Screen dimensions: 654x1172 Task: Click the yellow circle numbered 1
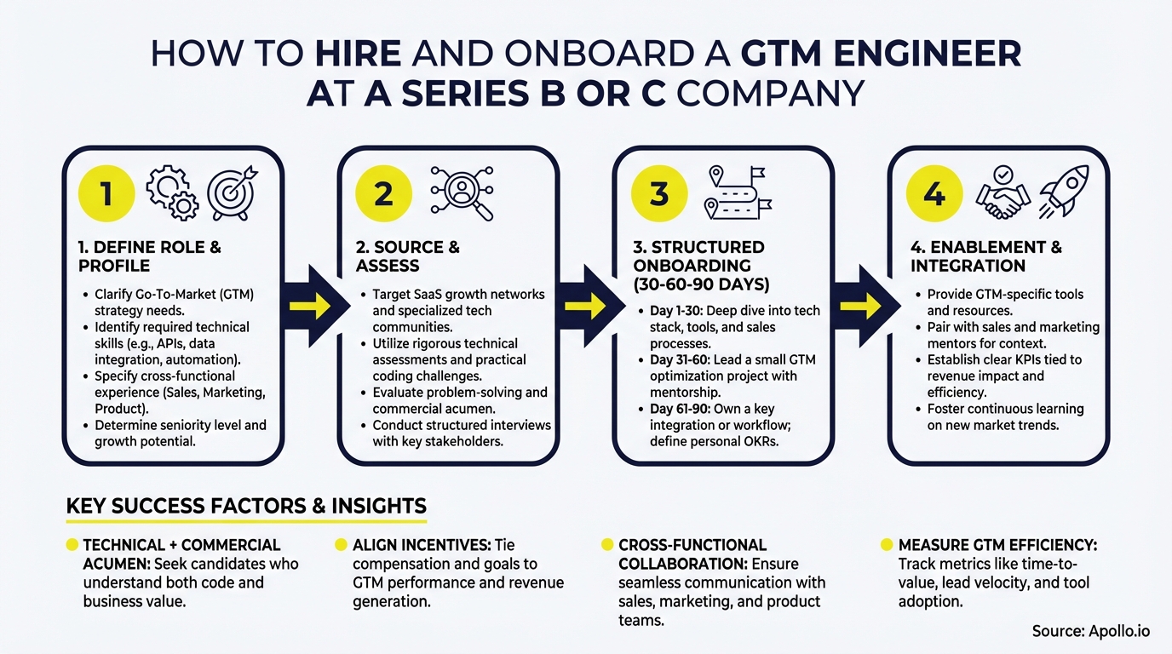(x=106, y=194)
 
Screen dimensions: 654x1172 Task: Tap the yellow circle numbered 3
(x=658, y=194)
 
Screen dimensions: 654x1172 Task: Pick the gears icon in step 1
(x=172, y=192)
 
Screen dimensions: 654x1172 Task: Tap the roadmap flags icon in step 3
(x=738, y=192)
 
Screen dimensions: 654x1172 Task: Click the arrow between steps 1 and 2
(x=312, y=306)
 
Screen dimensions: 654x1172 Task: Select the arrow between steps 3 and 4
(x=861, y=306)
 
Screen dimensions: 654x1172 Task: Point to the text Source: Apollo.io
(x=1091, y=631)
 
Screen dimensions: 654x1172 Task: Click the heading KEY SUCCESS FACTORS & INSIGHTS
(x=246, y=507)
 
